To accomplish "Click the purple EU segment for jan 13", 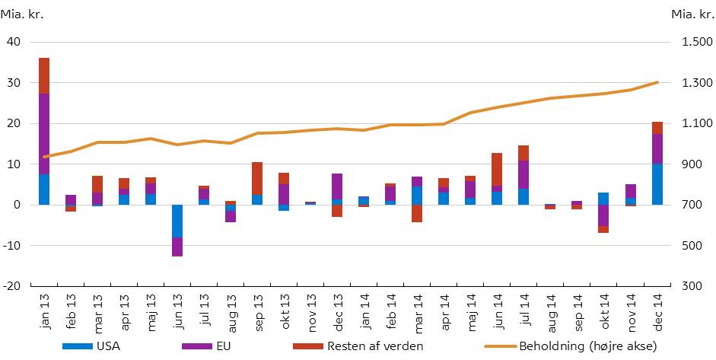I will pos(44,134).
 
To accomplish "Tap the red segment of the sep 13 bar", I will pos(257,178).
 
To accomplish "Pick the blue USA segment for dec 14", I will pos(657,184).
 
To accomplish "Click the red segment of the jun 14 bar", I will pos(497,169).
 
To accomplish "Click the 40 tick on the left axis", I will pos(14,42).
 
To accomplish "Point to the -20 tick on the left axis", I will pos(11,286).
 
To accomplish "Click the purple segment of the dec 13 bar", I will pos(337,186).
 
